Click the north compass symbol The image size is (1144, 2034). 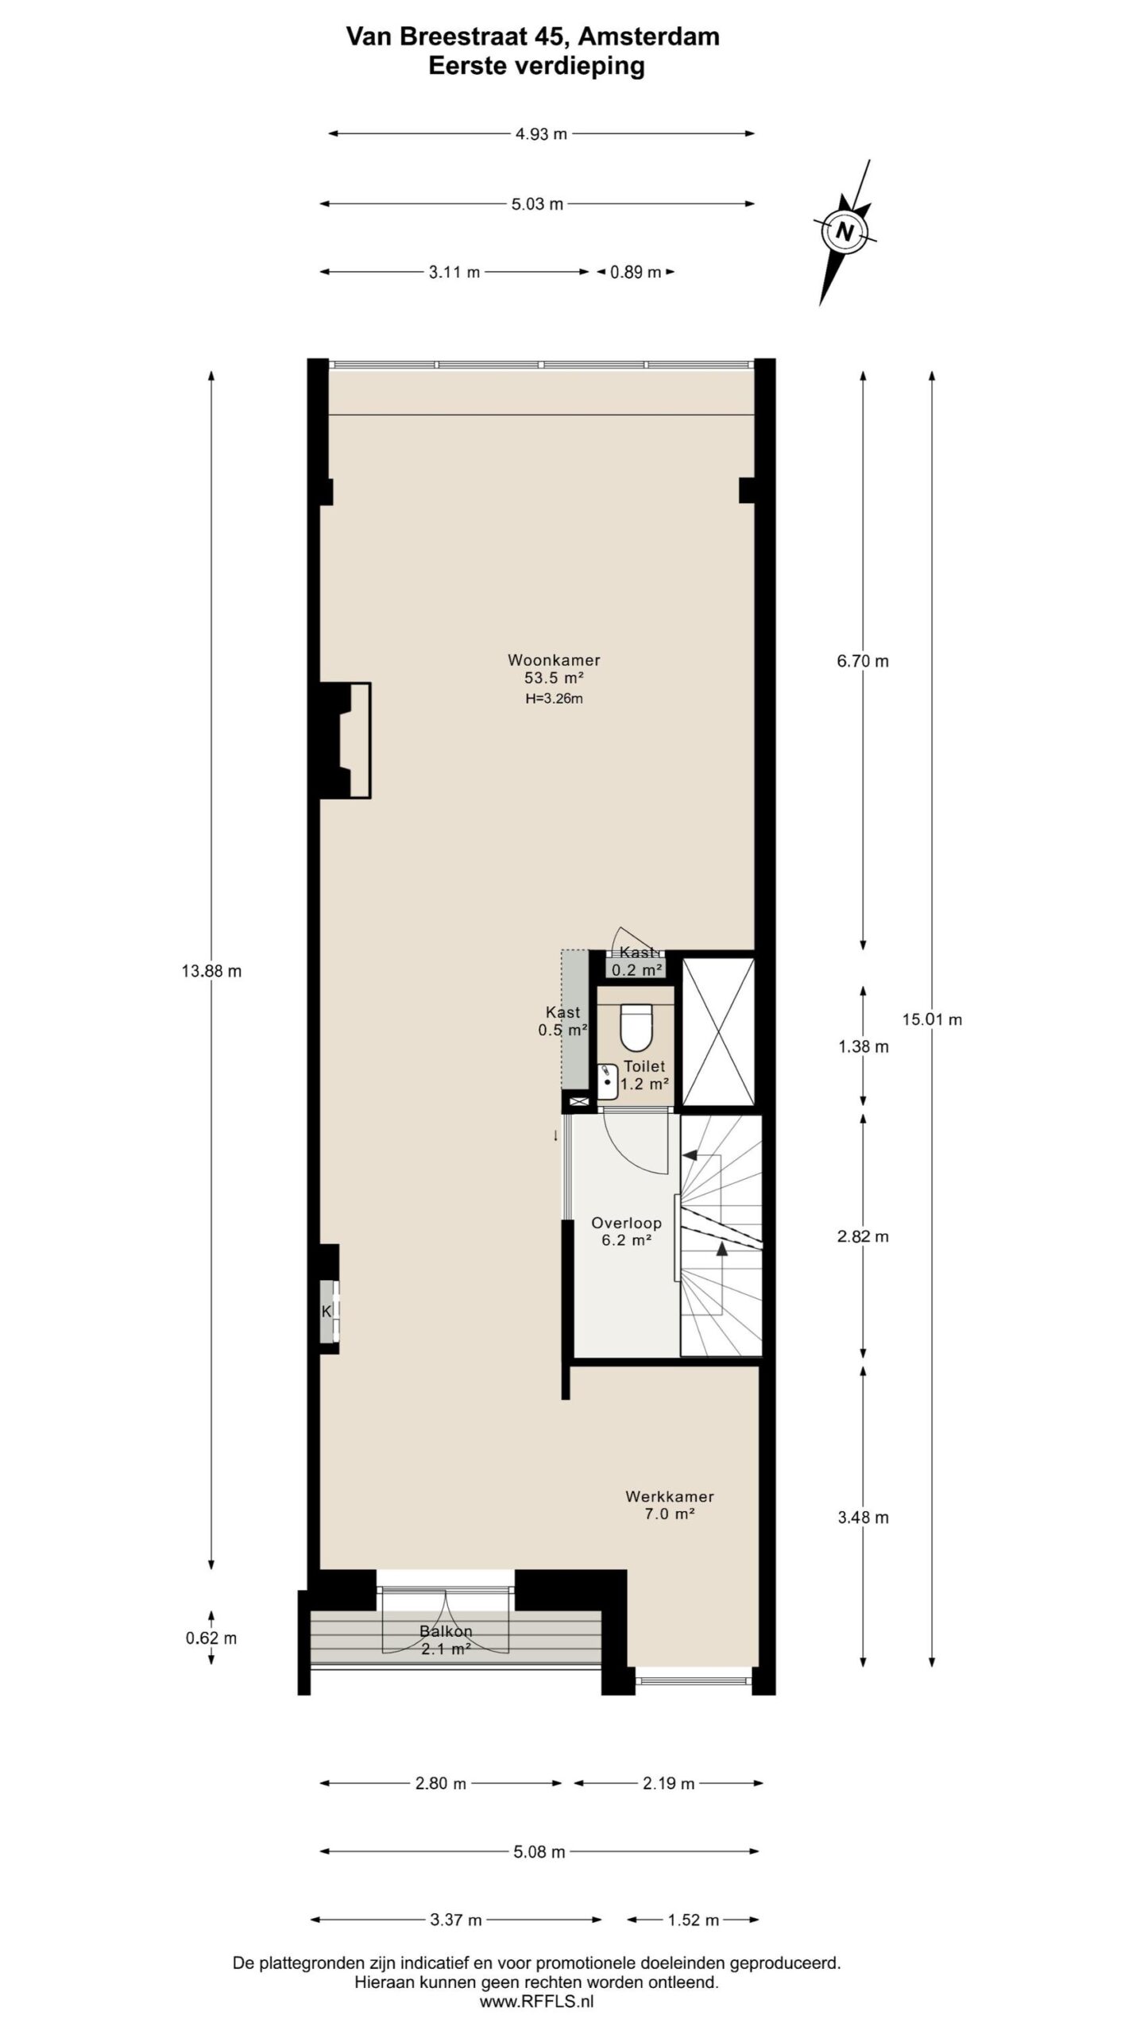(845, 232)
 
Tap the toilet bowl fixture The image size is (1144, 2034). (635, 1027)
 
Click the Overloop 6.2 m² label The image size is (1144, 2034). (626, 1232)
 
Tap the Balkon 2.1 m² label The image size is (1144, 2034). (446, 1640)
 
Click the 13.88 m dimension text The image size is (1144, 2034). (211, 971)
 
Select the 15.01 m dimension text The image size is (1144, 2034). (932, 1019)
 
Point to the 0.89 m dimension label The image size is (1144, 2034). (635, 273)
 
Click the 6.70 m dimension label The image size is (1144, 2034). (863, 661)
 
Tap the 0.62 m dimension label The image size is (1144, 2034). (211, 1638)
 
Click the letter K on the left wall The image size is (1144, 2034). (326, 1312)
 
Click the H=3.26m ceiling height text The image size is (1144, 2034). (554, 699)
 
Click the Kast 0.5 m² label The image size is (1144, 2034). (562, 1021)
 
